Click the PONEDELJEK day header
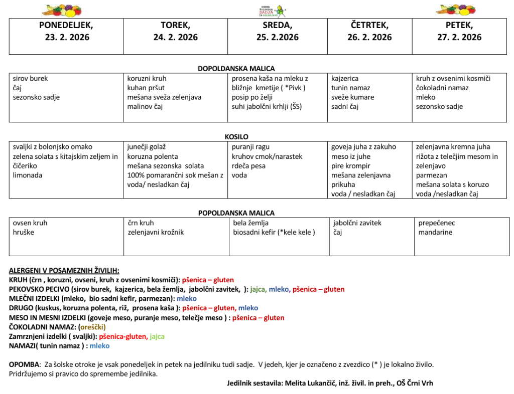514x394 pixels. coord(66,25)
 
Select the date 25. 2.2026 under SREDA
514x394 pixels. coord(277,37)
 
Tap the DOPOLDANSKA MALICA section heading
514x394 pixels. coord(236,69)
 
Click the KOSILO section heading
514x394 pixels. coord(236,137)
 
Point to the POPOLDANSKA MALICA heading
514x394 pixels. coord(236,213)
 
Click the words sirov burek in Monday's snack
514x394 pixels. coord(31,79)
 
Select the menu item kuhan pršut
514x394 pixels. coord(144,88)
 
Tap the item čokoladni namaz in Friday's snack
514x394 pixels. coord(442,88)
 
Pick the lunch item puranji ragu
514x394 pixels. coord(250,147)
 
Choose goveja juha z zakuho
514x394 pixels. coord(363,147)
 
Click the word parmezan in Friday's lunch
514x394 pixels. coord(431,175)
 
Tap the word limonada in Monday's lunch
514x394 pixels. coord(28,175)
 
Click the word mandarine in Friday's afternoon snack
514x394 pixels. coord(435,232)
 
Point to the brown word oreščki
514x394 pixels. coord(92,327)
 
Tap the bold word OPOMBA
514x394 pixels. coord(24,364)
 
